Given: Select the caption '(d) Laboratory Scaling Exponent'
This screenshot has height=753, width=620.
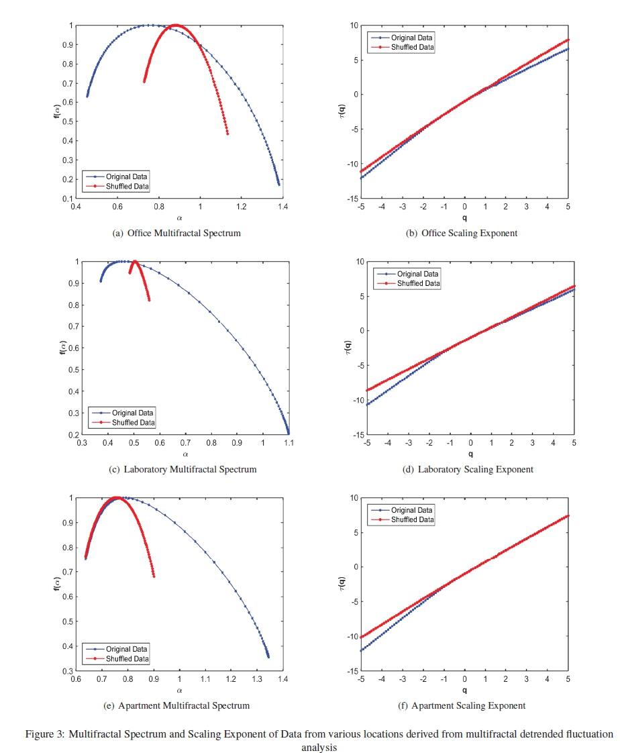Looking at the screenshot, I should point(468,470).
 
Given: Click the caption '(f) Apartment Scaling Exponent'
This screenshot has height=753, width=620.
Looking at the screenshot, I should point(468,706).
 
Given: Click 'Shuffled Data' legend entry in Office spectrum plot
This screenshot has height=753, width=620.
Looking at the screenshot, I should point(122,186).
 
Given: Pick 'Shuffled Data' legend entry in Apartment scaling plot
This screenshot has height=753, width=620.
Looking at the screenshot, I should point(412,520).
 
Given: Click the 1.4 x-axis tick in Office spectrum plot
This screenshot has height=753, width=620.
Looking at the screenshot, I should point(282,206).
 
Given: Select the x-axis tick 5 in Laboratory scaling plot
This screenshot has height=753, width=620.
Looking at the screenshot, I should point(574,443).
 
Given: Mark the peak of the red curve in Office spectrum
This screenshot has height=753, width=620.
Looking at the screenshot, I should point(176,26).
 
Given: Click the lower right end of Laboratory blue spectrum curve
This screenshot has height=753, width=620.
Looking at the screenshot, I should point(288,433).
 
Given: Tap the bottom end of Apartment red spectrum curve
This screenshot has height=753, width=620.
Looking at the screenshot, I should point(154,576).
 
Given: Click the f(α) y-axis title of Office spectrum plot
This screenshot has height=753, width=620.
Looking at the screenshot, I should point(56,112).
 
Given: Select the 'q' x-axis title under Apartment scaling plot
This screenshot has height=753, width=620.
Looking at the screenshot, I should point(464,690).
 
